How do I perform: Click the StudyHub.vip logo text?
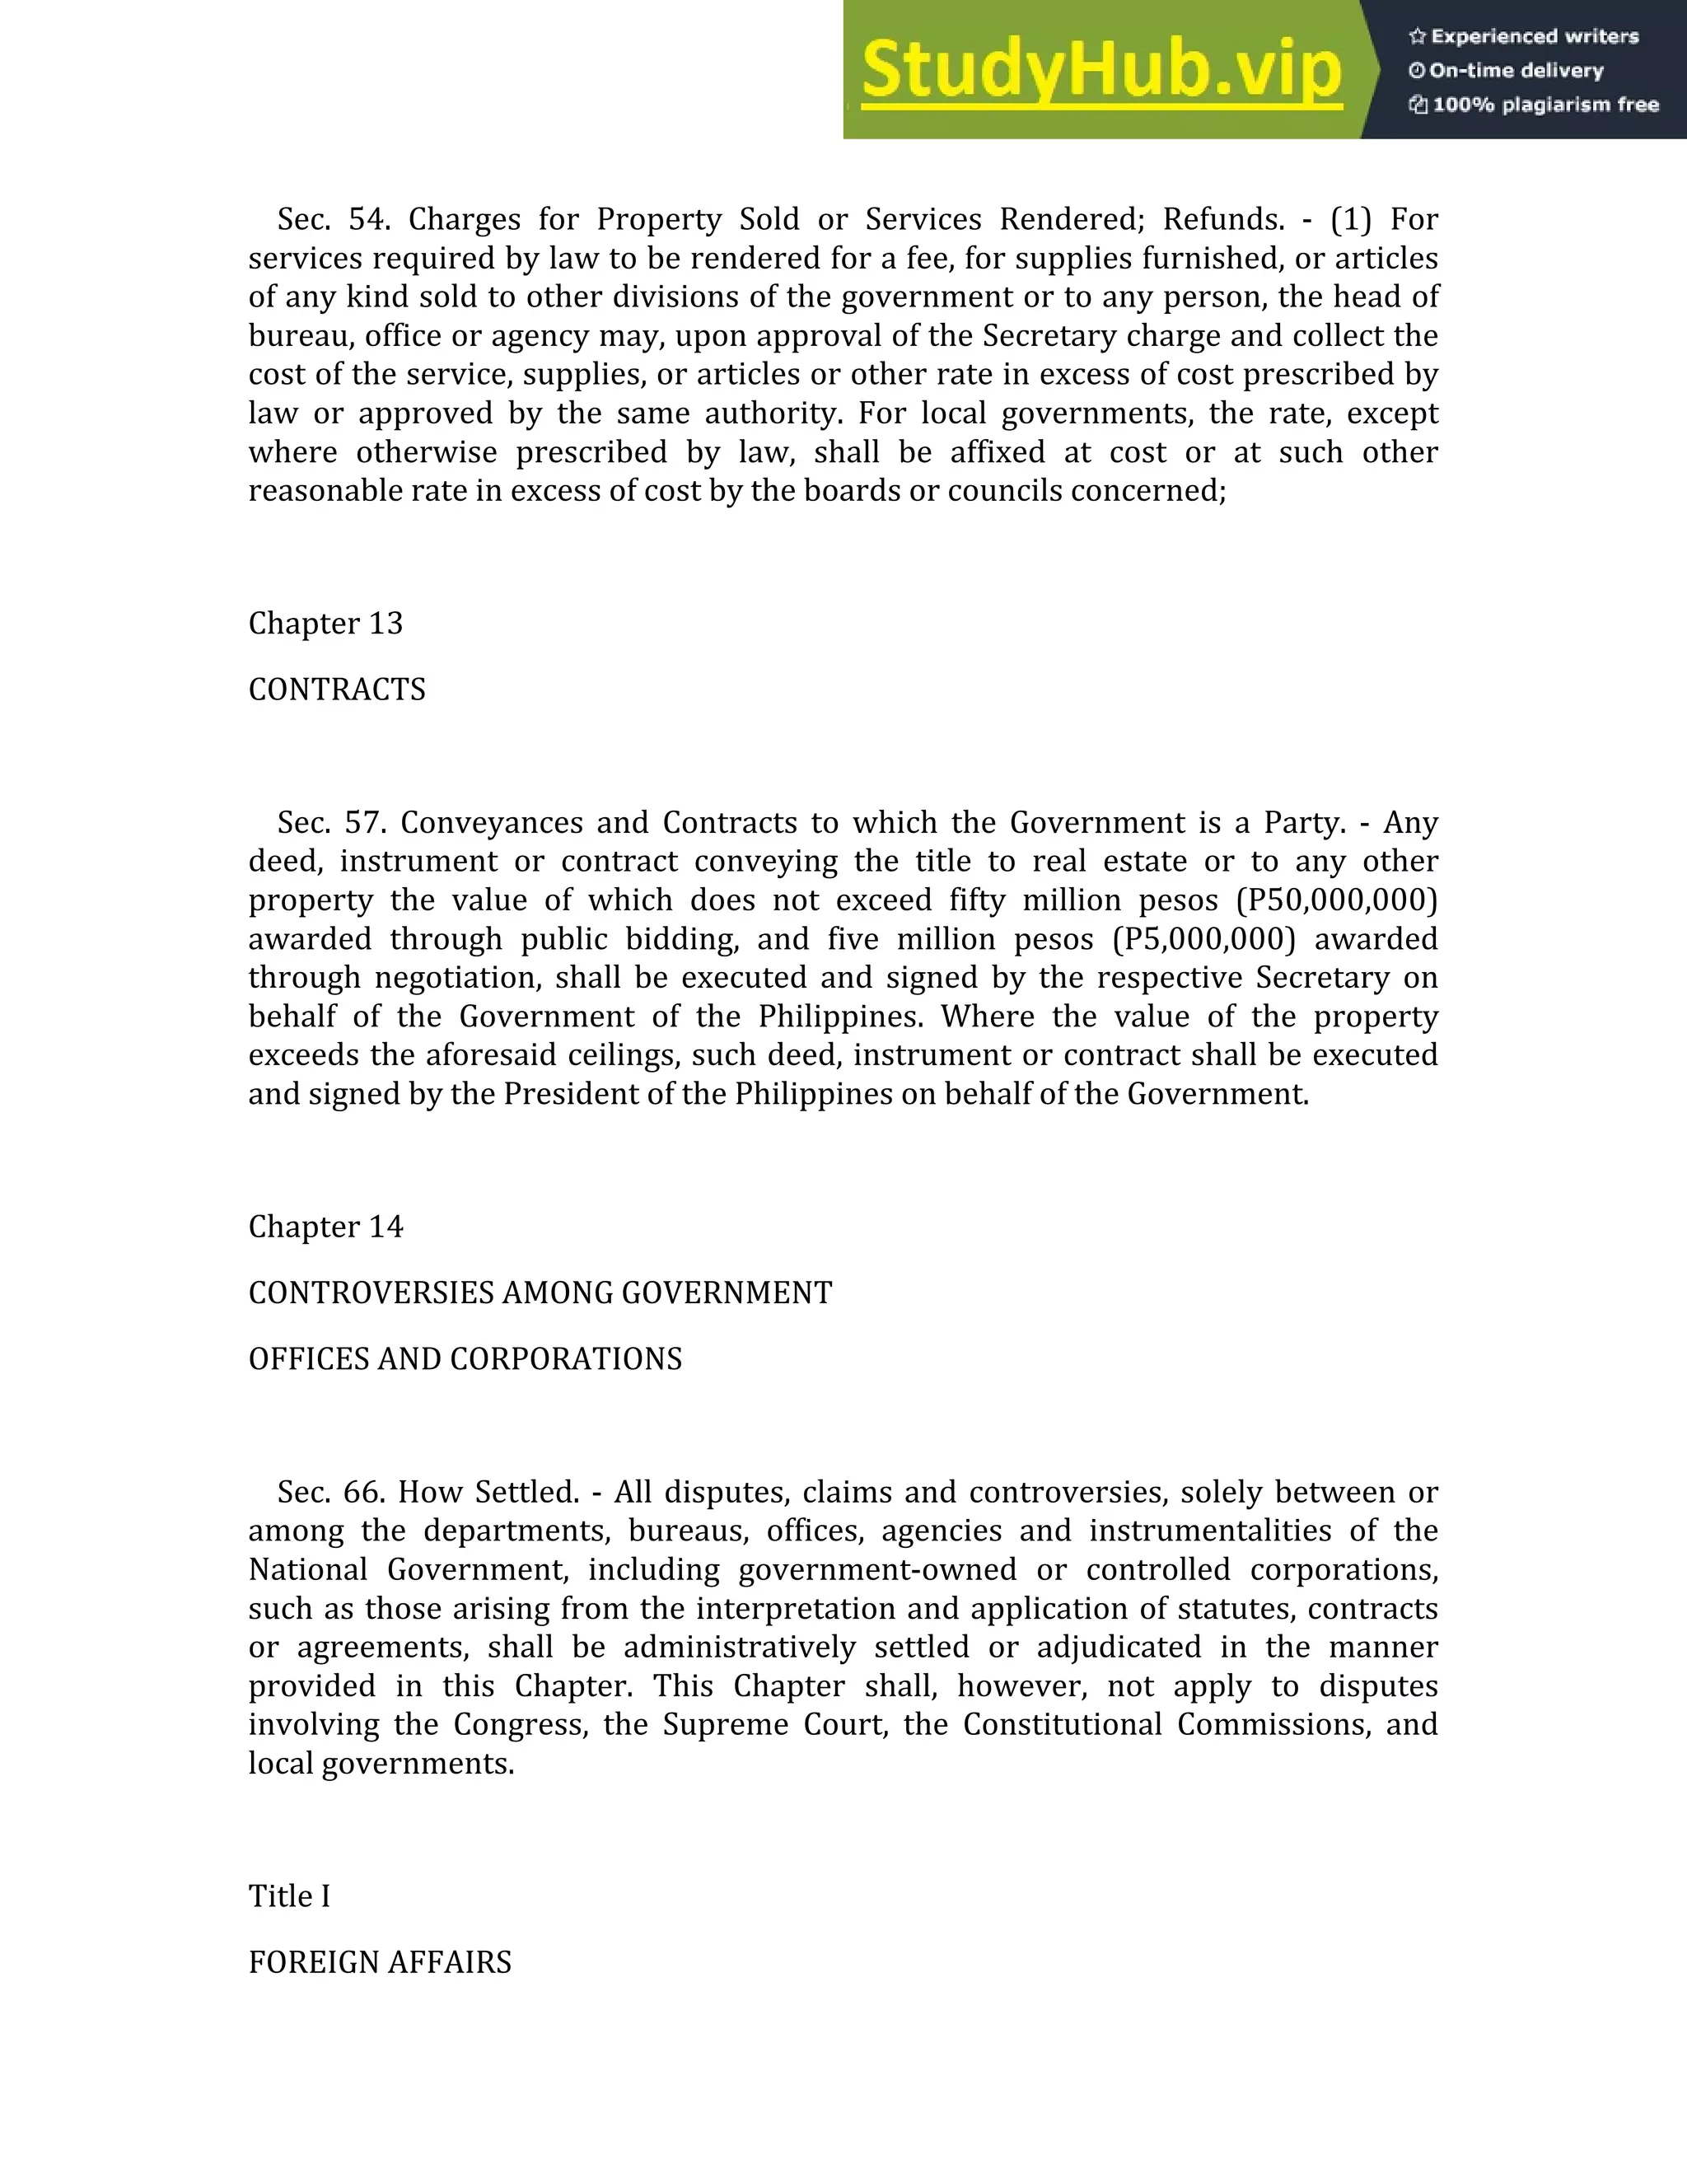pyautogui.click(x=1101, y=70)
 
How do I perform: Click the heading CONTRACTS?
pyautogui.click(x=337, y=689)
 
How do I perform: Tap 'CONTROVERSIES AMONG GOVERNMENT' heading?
pyautogui.click(x=540, y=1293)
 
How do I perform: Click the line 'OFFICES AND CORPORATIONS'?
pyautogui.click(x=465, y=1359)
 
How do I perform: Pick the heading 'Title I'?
pyautogui.click(x=289, y=1897)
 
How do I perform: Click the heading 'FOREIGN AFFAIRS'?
pyautogui.click(x=380, y=1963)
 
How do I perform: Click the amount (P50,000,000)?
pyautogui.click(x=1337, y=900)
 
